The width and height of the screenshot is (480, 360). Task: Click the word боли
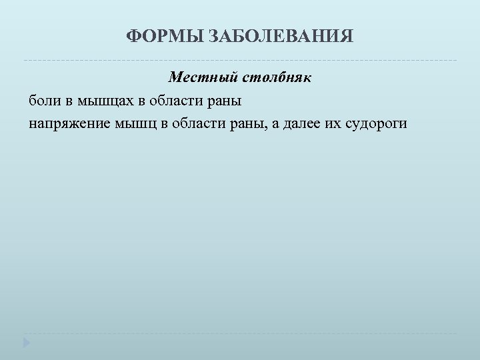(x=41, y=101)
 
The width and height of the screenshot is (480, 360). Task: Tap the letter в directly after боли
(x=63, y=102)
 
